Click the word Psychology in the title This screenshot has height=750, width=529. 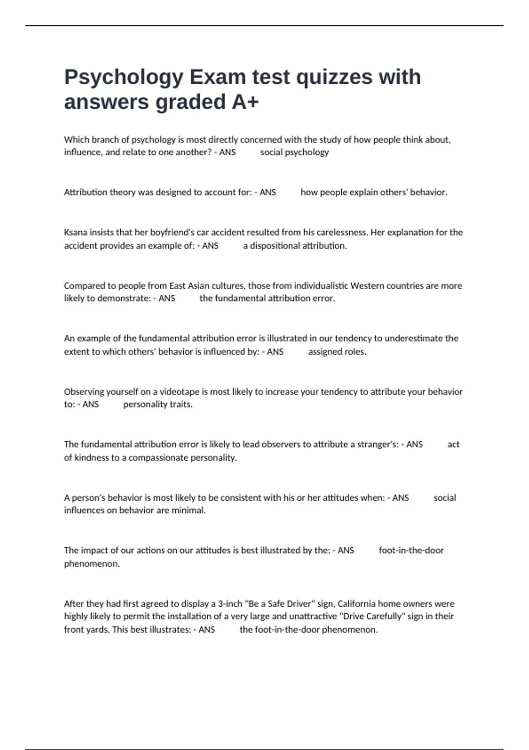pos(124,78)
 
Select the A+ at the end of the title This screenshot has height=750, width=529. pos(245,102)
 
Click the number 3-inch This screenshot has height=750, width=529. pos(230,604)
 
